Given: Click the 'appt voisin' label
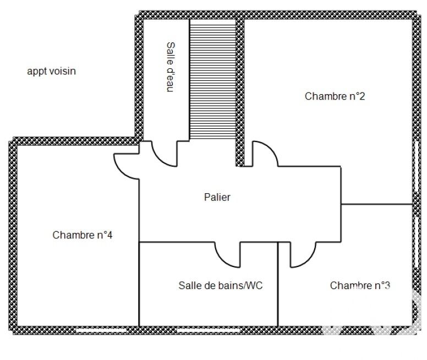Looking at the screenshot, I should coord(51,71).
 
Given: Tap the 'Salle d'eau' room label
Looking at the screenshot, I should coord(170,67).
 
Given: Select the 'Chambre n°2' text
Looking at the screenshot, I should coord(335,96).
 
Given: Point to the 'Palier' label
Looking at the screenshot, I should coord(217,197).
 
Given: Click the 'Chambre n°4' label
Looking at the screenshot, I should coord(83,235).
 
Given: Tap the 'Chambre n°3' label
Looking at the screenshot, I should coord(360,286).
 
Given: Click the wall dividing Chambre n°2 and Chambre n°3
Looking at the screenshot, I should coord(376,204).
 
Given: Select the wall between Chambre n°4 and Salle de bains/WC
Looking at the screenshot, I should coord(138,283).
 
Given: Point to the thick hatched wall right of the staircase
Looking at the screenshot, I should coord(240,91).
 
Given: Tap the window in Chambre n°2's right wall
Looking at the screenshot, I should coord(413,165).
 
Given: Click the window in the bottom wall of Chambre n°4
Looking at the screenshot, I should coord(99,330).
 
